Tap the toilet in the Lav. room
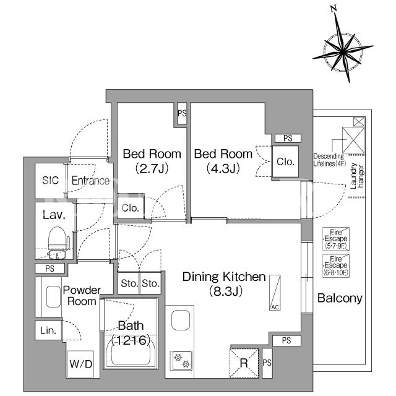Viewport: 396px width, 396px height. (58, 243)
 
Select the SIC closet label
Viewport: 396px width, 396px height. (50, 180)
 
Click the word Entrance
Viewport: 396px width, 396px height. (90, 180)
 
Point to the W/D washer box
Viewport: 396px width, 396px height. (80, 364)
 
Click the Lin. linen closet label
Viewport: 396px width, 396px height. (48, 330)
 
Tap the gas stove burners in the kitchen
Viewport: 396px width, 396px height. (181, 361)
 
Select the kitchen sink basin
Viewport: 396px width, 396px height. (181, 320)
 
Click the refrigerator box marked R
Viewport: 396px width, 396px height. (244, 363)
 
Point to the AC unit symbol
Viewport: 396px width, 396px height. (275, 293)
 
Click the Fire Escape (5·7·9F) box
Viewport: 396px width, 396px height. (336, 239)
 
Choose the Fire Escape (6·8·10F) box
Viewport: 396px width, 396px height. (336, 265)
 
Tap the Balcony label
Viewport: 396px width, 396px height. (340, 298)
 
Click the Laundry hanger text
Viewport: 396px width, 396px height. (357, 176)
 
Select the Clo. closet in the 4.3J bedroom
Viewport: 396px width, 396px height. (285, 161)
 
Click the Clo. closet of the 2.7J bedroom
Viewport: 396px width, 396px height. (130, 208)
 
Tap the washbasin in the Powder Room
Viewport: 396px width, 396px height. (54, 296)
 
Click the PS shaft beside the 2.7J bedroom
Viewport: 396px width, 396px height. (182, 113)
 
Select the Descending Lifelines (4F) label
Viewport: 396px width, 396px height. (329, 160)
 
